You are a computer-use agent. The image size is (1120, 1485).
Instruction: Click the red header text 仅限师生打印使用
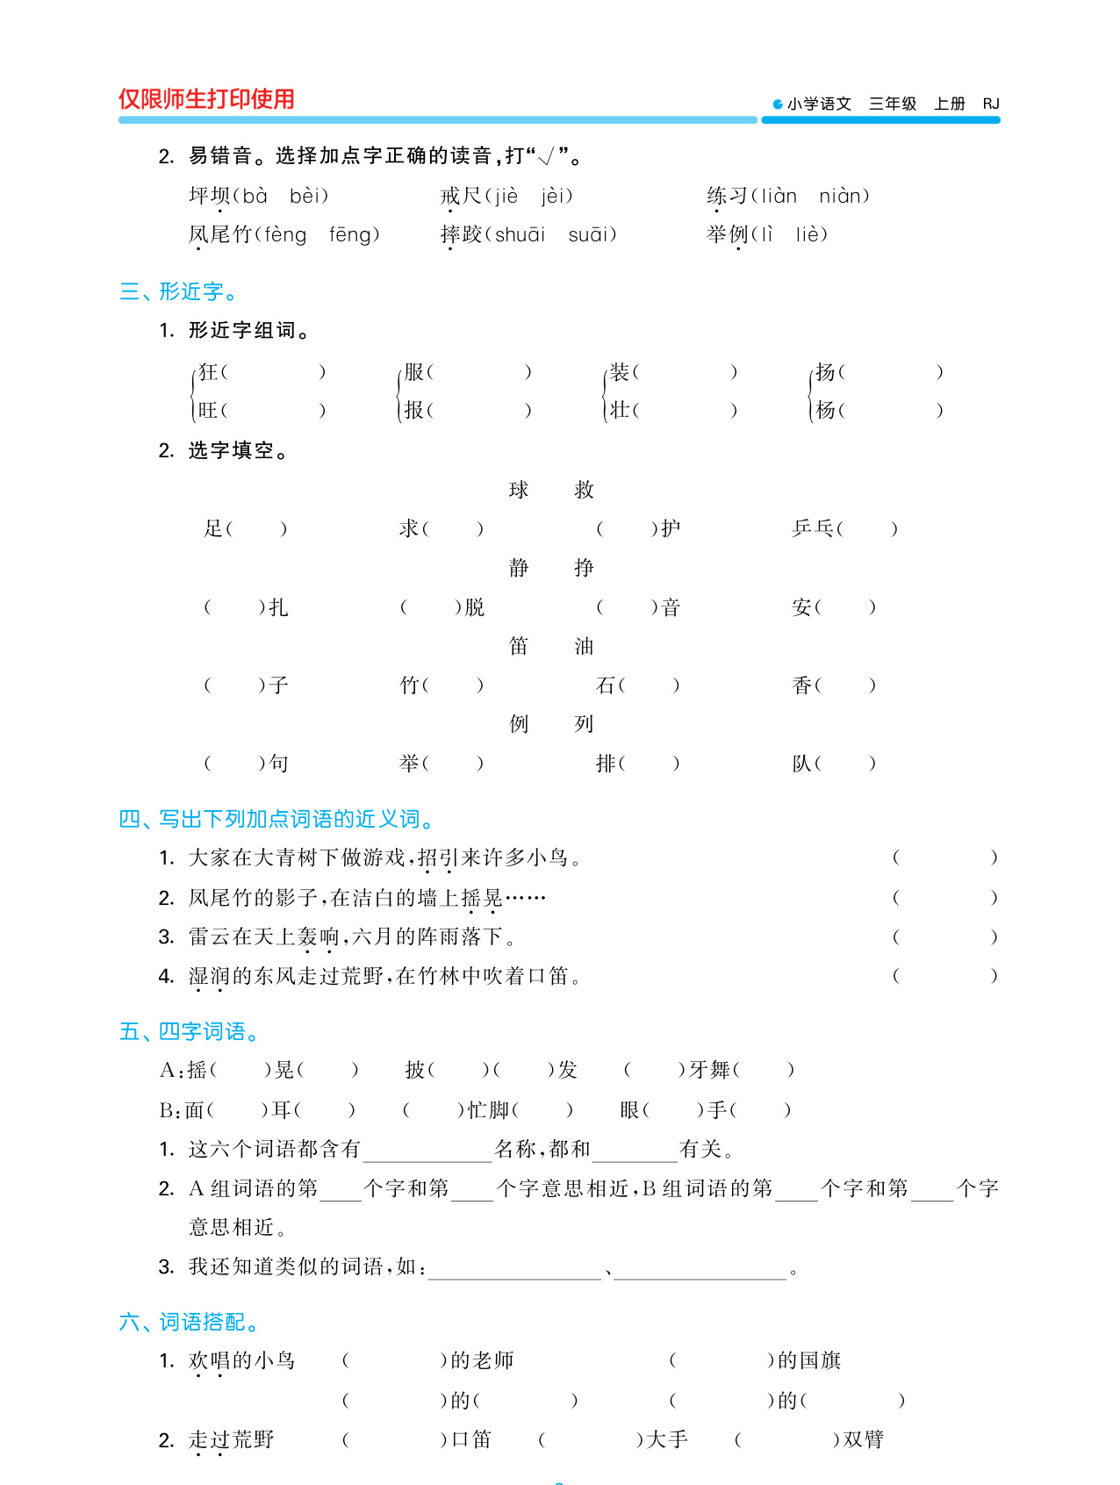pyautogui.click(x=206, y=99)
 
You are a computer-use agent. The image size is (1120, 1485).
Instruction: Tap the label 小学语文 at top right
pyautogui.click(x=818, y=104)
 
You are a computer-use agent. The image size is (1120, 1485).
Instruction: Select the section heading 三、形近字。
pyautogui.click(x=178, y=291)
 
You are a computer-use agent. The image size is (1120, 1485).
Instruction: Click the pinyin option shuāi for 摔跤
pyautogui.click(x=520, y=234)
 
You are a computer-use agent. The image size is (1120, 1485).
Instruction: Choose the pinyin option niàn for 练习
pyautogui.click(x=844, y=196)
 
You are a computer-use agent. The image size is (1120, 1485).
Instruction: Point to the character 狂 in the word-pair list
pyautogui.click(x=208, y=372)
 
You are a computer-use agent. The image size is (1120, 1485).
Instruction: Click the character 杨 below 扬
pyautogui.click(x=825, y=410)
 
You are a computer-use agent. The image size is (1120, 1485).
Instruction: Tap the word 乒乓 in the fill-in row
pyautogui.click(x=813, y=528)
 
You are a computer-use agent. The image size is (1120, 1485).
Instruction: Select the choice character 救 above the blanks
pyautogui.click(x=584, y=490)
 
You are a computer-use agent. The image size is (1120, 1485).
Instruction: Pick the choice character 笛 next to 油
pyautogui.click(x=519, y=647)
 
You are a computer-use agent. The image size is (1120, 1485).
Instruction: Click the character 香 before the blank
pyautogui.click(x=802, y=685)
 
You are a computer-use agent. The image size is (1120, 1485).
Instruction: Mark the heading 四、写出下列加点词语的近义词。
pyautogui.click(x=277, y=819)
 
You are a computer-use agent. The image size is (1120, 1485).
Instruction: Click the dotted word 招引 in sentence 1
pyautogui.click(x=438, y=857)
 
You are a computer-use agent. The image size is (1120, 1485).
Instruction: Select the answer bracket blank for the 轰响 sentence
pyautogui.click(x=944, y=936)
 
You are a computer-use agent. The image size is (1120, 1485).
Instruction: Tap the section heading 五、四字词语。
pyautogui.click(x=190, y=1031)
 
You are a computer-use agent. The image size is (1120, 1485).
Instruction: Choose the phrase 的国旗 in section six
pyautogui.click(x=809, y=1360)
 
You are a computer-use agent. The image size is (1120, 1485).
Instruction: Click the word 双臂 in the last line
pyautogui.click(x=863, y=1439)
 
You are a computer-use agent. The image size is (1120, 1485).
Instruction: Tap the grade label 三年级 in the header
pyautogui.click(x=893, y=104)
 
